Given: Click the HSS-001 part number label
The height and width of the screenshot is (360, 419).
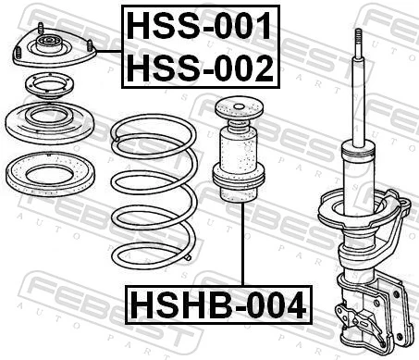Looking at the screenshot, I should click(200, 26).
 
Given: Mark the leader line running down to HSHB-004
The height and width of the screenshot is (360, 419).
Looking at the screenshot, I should click(242, 241).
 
